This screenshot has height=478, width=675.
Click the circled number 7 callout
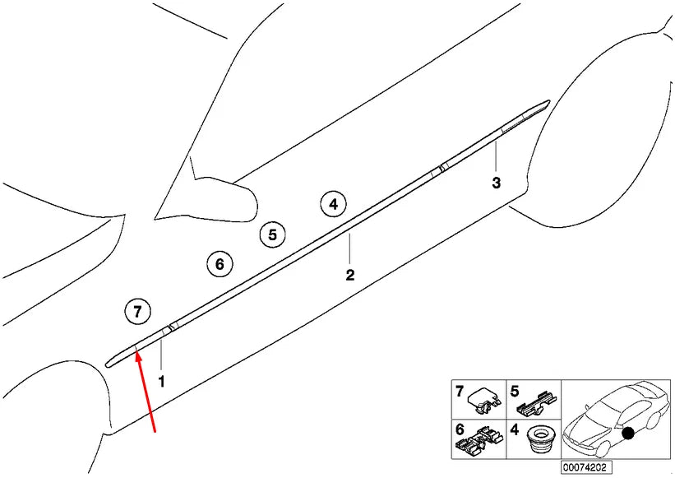tap(137, 311)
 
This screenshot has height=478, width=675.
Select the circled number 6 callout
tap(219, 264)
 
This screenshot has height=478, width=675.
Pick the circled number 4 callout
tap(332, 203)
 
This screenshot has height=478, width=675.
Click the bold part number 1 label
tap(161, 382)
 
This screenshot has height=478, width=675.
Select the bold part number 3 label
tap(496, 183)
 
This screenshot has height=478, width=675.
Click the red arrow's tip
tap(136, 351)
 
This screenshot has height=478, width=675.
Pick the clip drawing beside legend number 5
tap(537, 402)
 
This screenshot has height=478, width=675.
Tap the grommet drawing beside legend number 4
tap(538, 439)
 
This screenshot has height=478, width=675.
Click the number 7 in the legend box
tap(460, 391)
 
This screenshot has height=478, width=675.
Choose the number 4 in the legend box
tap(515, 429)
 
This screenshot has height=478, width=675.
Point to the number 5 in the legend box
tap(515, 391)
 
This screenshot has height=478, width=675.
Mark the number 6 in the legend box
tap(460, 429)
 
